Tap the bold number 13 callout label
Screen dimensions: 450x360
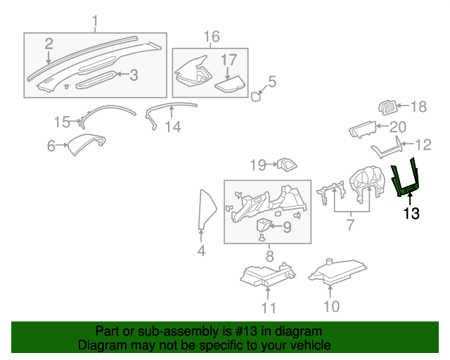tap(411, 213)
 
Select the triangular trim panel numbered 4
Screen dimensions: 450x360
tap(206, 209)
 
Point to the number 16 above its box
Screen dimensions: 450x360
tap(212, 37)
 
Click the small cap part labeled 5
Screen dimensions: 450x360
tap(255, 96)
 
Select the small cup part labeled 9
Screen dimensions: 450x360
tap(264, 224)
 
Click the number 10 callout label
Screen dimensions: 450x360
tap(331, 307)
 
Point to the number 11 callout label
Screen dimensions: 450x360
tap(269, 308)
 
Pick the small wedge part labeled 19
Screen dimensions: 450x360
tap(287, 165)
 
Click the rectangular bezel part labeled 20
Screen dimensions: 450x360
tap(363, 129)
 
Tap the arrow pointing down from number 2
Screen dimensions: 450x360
tap(49, 58)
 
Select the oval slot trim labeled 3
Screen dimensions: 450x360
tap(96, 80)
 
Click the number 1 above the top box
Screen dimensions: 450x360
tap(95, 21)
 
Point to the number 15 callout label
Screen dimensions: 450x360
tap(62, 122)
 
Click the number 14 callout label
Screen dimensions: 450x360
tap(173, 127)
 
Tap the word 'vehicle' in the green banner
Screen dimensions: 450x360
tap(314, 345)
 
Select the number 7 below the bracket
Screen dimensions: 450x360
tap(350, 224)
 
